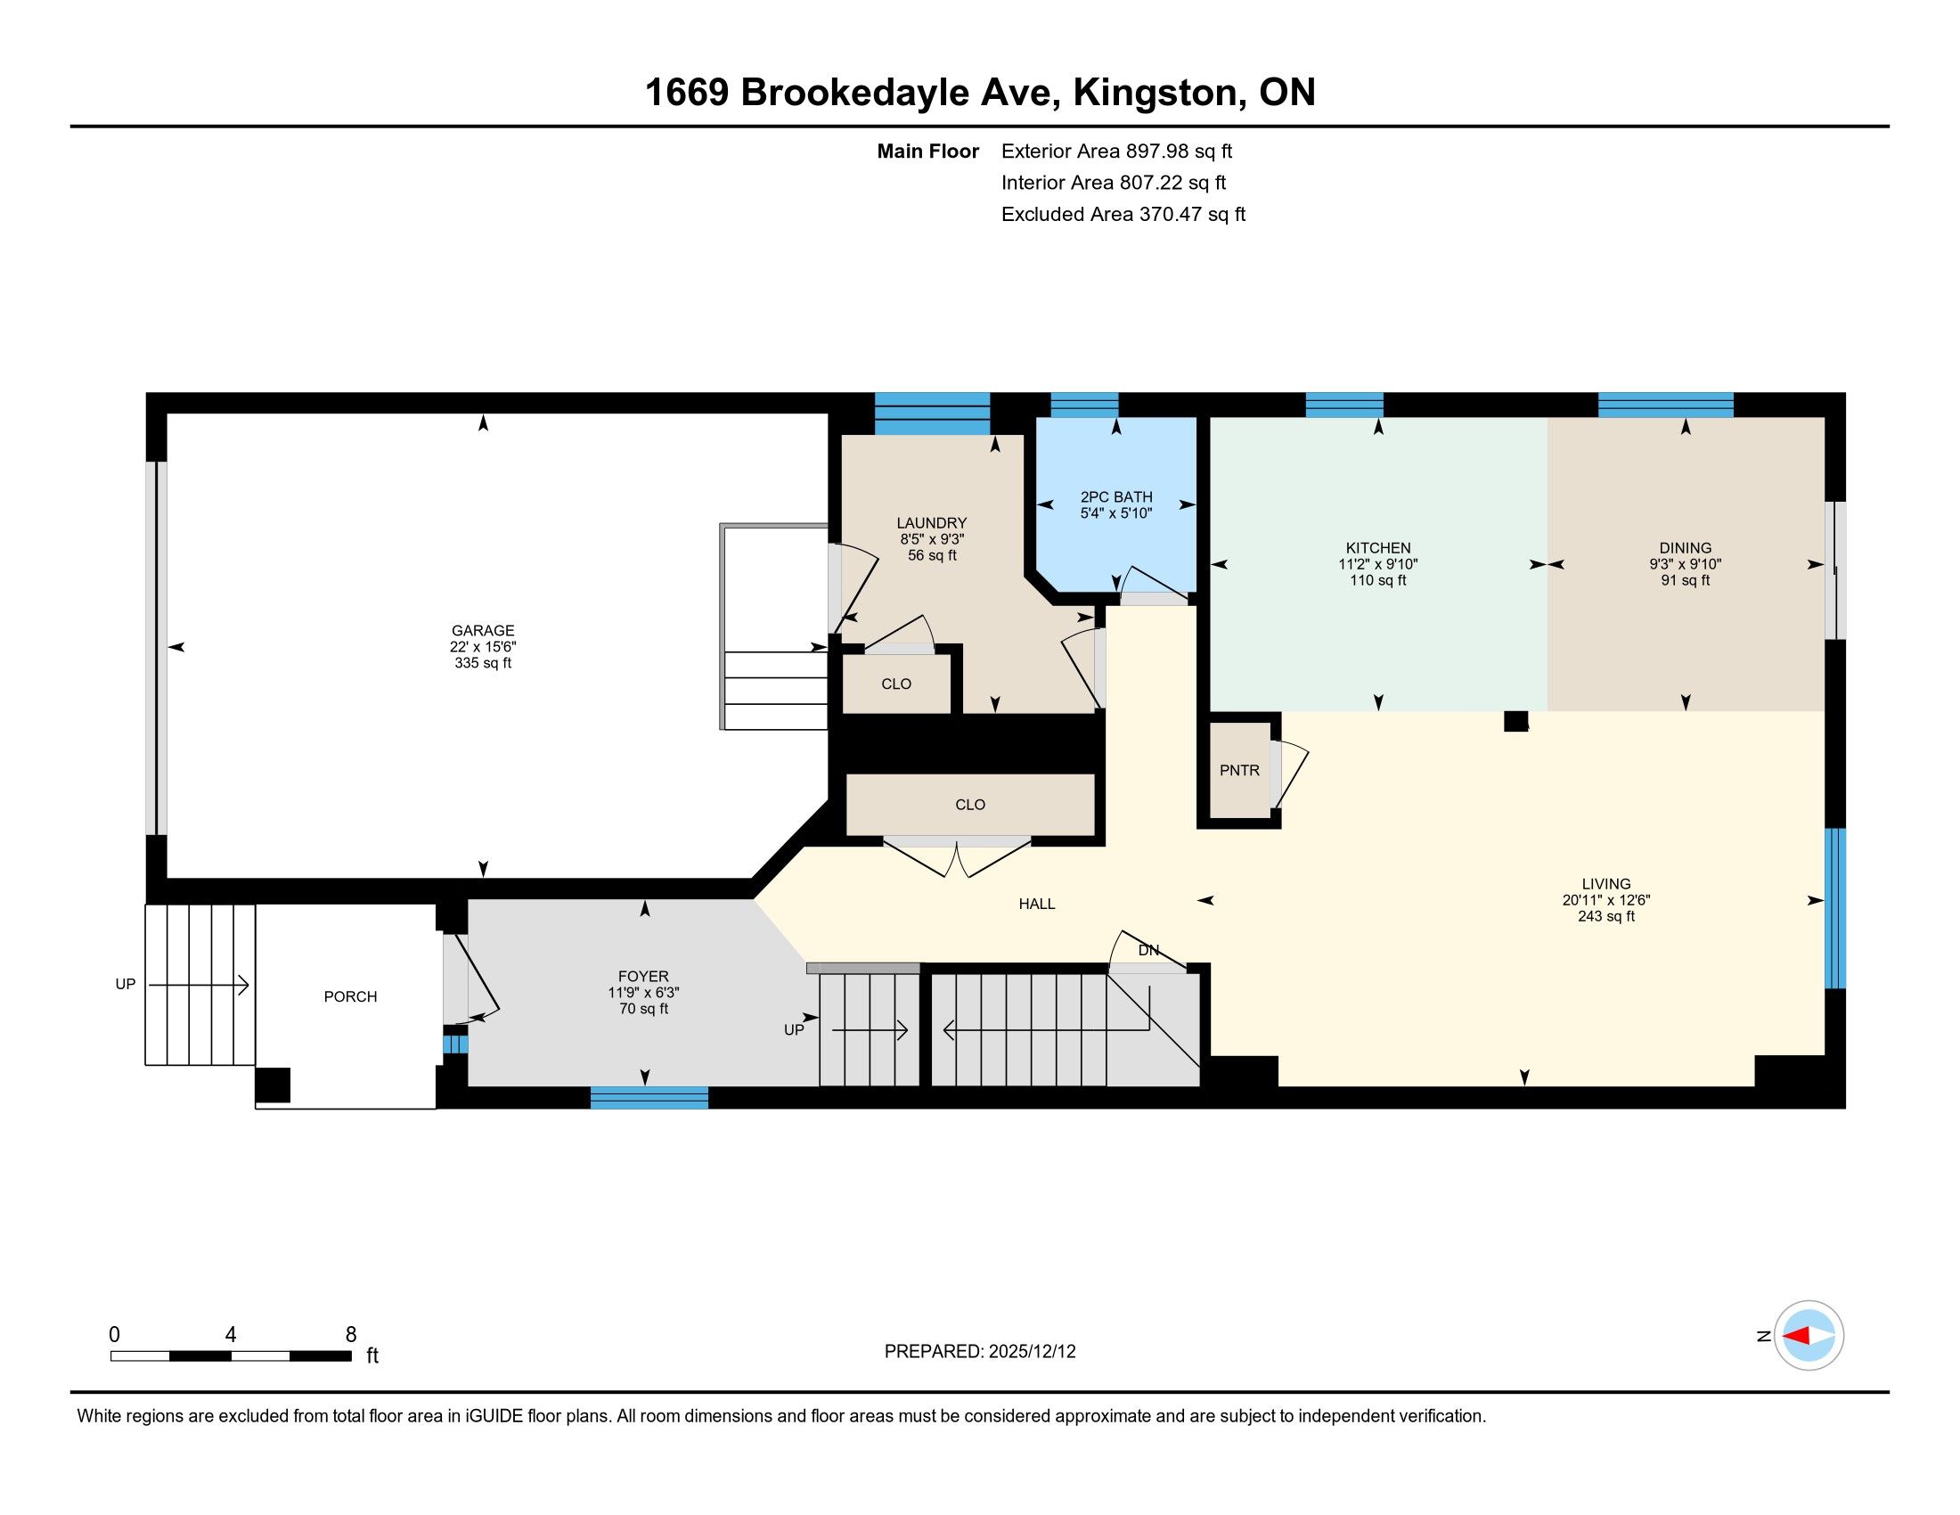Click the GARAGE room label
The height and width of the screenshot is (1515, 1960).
point(483,631)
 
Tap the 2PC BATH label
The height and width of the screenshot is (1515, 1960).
point(1115,497)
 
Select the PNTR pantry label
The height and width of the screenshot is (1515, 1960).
point(1239,770)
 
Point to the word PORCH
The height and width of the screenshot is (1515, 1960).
point(350,996)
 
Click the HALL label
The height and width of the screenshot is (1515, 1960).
point(1036,904)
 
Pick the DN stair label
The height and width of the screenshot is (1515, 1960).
point(1148,950)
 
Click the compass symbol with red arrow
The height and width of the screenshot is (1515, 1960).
point(1809,1335)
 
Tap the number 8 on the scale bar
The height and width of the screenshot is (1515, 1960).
point(351,1334)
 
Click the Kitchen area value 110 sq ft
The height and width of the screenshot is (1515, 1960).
point(1377,581)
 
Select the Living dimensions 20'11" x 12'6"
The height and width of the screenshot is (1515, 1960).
point(1605,900)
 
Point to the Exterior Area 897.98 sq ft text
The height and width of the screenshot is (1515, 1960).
point(1116,151)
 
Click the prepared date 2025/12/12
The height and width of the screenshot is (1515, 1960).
point(1032,1351)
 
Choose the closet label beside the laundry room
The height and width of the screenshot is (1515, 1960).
point(895,684)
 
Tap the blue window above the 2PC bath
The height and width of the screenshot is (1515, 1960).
point(1084,405)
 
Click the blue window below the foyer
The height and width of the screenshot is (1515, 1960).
point(649,1098)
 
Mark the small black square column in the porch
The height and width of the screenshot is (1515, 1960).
point(273,1085)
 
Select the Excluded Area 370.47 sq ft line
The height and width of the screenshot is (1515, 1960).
point(1123,214)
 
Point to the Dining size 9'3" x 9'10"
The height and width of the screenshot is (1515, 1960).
point(1685,564)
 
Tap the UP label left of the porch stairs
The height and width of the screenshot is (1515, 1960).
point(125,984)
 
